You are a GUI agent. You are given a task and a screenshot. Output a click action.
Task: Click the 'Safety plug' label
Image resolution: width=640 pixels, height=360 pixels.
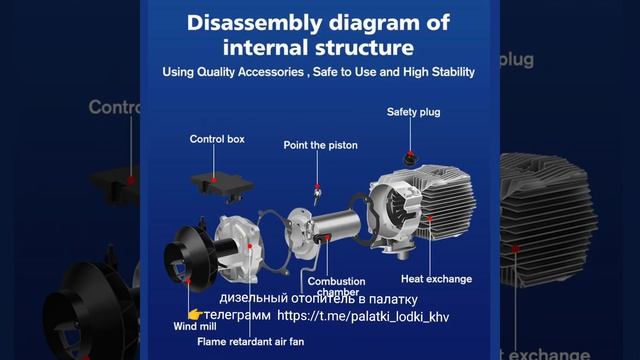(x=413, y=112)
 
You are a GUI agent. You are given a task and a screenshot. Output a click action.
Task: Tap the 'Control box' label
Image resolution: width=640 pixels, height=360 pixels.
(x=217, y=139)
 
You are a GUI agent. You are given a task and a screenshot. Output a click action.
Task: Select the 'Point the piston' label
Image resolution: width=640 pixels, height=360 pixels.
(x=320, y=145)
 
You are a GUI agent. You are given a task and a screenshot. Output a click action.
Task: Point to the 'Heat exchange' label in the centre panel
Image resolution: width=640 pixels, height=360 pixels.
(x=436, y=279)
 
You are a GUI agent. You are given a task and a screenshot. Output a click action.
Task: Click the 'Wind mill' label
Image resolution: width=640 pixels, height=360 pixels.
(x=195, y=327)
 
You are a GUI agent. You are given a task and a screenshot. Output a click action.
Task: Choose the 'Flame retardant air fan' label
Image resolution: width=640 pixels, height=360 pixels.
(x=251, y=342)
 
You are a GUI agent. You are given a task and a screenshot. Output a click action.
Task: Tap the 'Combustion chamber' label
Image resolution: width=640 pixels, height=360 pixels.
(x=337, y=286)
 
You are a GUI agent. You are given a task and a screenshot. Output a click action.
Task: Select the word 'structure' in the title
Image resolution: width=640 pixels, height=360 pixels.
(x=365, y=47)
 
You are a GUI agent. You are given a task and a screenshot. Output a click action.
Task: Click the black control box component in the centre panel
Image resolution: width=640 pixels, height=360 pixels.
(x=222, y=186)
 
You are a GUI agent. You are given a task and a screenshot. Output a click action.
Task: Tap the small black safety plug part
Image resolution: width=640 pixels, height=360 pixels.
(x=411, y=158)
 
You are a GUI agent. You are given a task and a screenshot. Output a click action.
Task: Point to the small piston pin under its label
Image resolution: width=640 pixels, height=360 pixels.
(x=317, y=194)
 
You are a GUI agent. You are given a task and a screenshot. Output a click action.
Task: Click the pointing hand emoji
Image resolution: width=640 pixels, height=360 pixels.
(x=195, y=314)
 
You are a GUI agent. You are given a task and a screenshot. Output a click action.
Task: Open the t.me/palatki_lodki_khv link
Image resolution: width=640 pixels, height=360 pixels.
(x=363, y=316)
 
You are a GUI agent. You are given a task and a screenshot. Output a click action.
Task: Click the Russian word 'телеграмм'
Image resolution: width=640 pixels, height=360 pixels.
(x=237, y=316)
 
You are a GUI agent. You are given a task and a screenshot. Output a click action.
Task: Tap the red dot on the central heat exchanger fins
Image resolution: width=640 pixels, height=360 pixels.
(x=430, y=218)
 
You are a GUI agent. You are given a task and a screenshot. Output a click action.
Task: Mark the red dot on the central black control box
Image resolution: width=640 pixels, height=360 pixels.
(x=214, y=180)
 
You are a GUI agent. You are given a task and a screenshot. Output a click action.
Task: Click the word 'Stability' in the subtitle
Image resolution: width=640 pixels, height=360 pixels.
(x=453, y=72)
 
